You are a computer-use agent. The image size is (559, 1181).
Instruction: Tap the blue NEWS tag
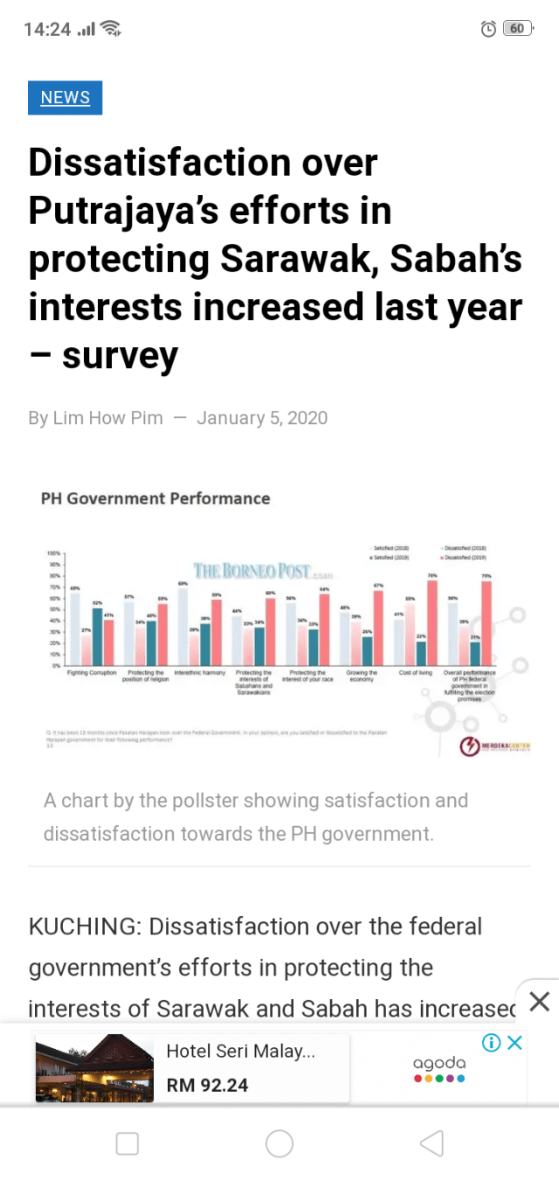[x=65, y=98]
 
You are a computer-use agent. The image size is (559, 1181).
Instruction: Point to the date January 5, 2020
[x=262, y=418]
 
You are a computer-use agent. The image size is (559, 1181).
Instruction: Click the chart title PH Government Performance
[x=155, y=498]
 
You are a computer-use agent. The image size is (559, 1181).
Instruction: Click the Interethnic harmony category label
[x=200, y=673]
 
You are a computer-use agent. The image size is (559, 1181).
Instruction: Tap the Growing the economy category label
[x=362, y=676]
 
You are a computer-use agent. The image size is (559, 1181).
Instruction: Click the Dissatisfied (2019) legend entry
[x=466, y=557]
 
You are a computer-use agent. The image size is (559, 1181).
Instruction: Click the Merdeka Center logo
[x=494, y=747]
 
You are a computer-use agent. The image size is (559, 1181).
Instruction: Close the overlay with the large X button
[x=540, y=1001]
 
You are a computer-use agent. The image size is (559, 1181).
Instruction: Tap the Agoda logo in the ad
[x=439, y=1068]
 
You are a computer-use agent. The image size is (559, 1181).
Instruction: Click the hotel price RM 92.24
[x=207, y=1085]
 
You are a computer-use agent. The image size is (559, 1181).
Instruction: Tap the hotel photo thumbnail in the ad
[x=94, y=1067]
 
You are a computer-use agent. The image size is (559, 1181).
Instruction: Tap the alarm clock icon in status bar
[x=488, y=29]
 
